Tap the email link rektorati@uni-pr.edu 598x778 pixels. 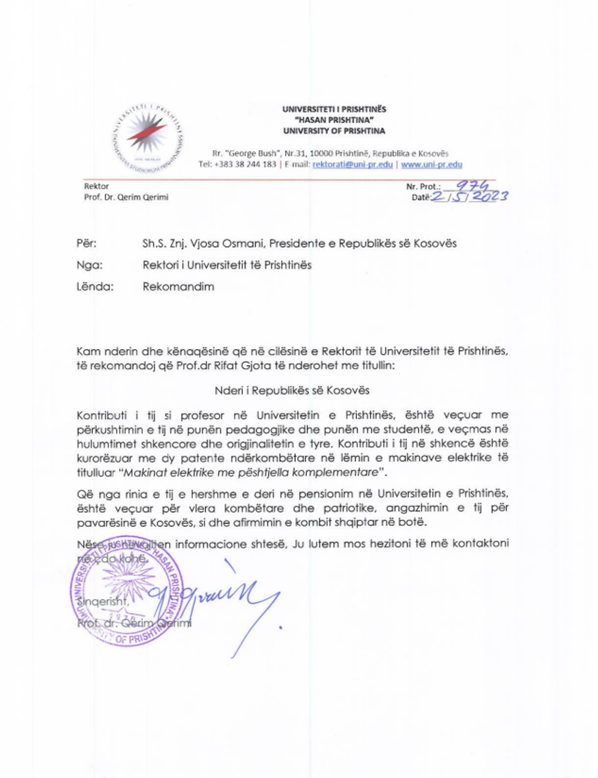coord(352,165)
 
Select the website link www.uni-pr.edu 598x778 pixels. coord(431,165)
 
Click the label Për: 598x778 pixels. coord(87,243)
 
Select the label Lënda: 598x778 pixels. coord(95,286)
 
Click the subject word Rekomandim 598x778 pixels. coord(178,286)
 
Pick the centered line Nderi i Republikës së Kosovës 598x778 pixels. coord(292,390)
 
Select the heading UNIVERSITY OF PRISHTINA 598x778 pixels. coord(334,131)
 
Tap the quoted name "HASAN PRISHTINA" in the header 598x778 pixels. coord(334,120)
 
